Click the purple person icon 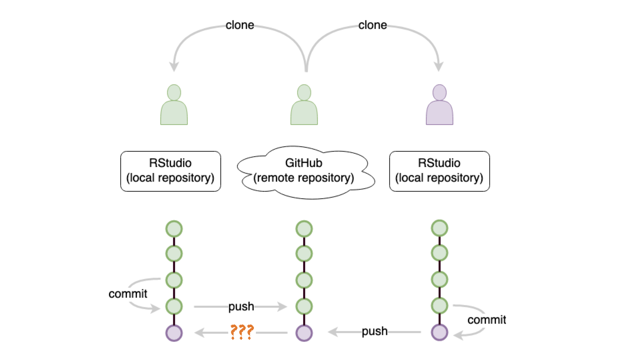pos(439,105)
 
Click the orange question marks pos(242,332)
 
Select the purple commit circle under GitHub pos(304,333)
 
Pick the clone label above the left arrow pos(240,25)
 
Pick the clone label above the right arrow pos(372,25)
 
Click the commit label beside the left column pos(128,294)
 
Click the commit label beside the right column pos(486,320)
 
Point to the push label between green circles pos(241,306)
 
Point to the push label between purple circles pos(375,331)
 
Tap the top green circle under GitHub pos(304,229)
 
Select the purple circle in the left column pos(174,333)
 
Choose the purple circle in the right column pos(439,332)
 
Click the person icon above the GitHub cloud pos(304,105)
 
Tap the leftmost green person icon pos(174,105)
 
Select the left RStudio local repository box pos(171,171)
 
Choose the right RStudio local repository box pos(439,171)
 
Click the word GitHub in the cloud pos(304,163)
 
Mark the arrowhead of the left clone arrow pos(174,67)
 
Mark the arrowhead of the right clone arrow pos(439,67)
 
